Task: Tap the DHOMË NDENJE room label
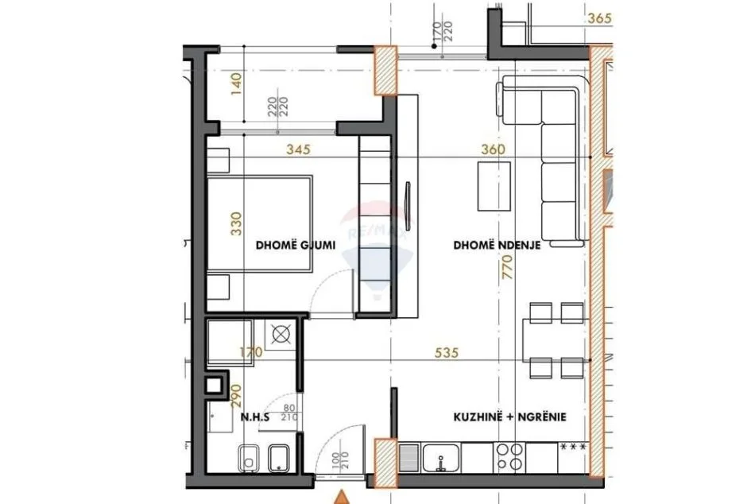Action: [498, 246]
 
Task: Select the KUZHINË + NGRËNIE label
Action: [510, 416]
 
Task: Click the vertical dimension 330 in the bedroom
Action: [234, 224]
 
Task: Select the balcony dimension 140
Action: [234, 83]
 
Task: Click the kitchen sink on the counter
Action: [439, 459]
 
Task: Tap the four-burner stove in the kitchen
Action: [509, 458]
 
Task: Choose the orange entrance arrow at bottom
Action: [342, 497]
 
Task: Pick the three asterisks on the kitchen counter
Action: [574, 447]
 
